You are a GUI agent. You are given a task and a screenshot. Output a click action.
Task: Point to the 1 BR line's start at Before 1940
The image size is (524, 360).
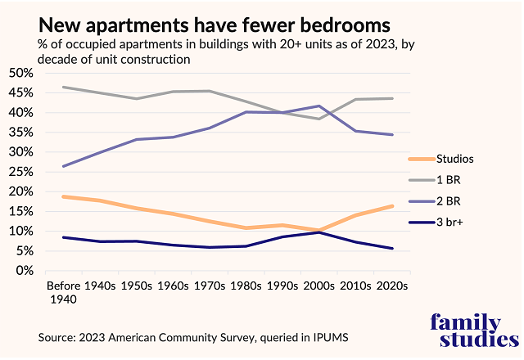click(x=63, y=87)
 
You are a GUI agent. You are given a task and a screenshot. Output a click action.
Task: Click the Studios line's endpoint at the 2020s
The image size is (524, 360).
click(x=392, y=206)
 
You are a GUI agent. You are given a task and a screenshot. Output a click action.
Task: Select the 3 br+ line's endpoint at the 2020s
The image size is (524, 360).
click(x=392, y=249)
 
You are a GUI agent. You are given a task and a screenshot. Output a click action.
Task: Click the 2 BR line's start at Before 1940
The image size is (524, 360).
click(x=63, y=166)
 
